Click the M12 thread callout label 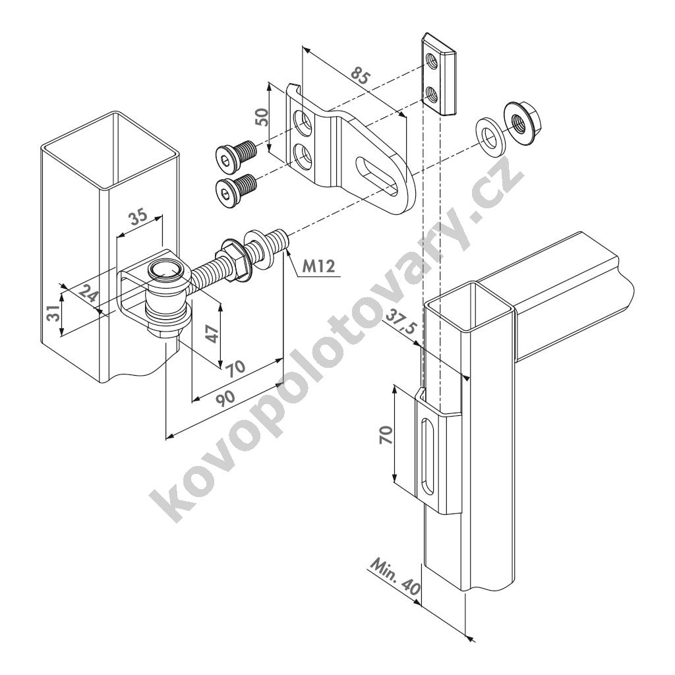click(x=318, y=266)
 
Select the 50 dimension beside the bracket click(x=262, y=116)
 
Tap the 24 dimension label click(x=89, y=296)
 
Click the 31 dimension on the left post click(x=53, y=313)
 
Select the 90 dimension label click(x=225, y=397)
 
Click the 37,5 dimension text click(x=399, y=321)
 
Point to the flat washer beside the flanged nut click(x=490, y=133)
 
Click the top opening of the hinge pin click(x=165, y=271)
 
